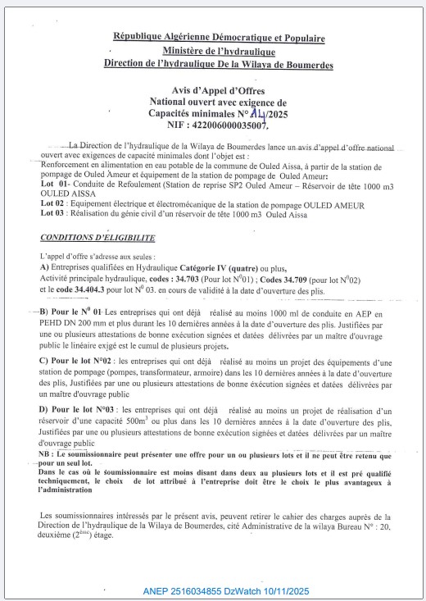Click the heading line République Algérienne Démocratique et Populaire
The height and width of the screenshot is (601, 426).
click(219, 39)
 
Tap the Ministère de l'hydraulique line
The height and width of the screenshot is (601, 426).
click(218, 51)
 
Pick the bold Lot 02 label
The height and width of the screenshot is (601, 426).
click(52, 204)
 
